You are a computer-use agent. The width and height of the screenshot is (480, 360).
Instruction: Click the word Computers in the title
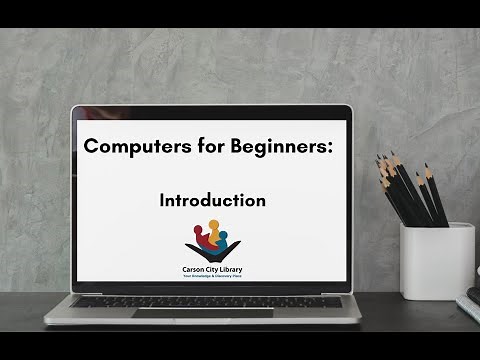(125, 146)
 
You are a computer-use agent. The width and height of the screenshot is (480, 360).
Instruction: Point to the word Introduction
(212, 200)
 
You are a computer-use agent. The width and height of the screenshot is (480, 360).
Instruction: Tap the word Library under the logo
(228, 269)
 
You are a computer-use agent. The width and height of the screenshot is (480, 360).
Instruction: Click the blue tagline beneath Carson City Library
(211, 276)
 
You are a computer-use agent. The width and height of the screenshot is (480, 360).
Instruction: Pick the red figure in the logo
(198, 237)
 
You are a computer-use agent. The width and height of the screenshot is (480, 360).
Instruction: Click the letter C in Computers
(91, 146)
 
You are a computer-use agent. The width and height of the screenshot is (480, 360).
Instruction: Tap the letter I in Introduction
(162, 200)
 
